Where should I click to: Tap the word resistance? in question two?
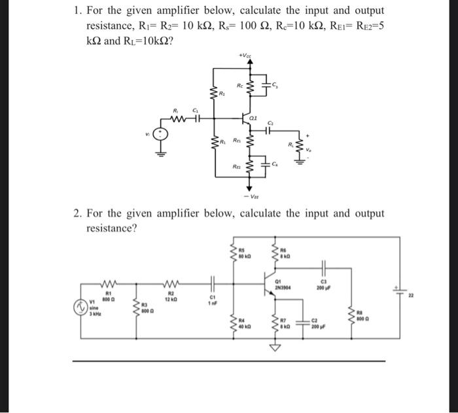pyautogui.click(x=112, y=228)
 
